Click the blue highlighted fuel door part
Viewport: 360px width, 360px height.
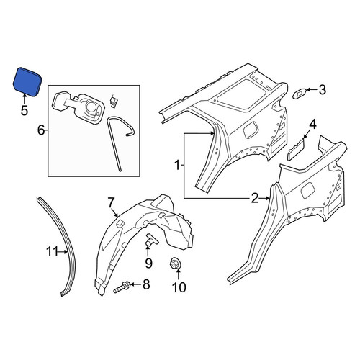point(27,81)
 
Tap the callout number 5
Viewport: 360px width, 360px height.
point(24,110)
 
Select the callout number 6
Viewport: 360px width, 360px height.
point(41,130)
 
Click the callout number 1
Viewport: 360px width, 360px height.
point(177,166)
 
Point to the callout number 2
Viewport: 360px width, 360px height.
point(255,198)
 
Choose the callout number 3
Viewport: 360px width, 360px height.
point(322,90)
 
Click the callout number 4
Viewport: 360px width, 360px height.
point(312,125)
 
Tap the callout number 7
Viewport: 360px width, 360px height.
point(110,203)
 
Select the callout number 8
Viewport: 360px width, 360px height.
point(146,284)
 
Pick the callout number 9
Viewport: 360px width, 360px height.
point(148,263)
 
